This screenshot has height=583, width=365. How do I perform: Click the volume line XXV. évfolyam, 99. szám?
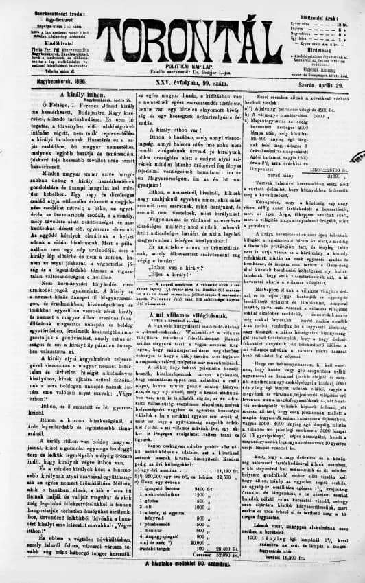(x=182, y=83)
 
